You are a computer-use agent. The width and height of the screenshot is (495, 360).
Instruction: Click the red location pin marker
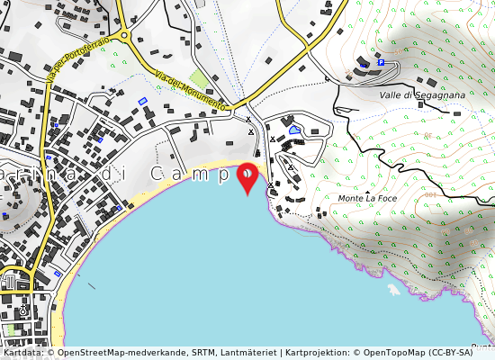pos(247,176)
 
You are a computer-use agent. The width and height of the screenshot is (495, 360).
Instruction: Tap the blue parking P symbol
pos(381,62)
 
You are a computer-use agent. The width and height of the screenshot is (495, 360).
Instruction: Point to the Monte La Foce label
pos(367,198)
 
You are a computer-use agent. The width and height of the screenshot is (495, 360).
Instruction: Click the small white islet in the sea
pos(393,291)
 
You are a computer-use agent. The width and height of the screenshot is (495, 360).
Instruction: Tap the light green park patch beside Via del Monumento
pos(199,79)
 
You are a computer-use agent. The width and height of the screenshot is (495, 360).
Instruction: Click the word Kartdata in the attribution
pos(22,353)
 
